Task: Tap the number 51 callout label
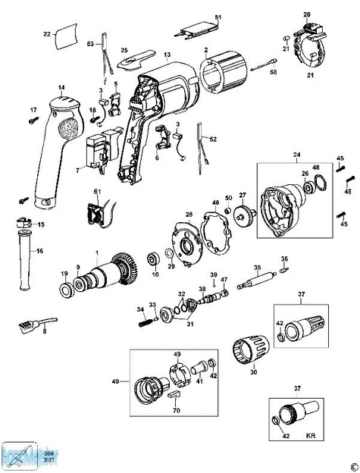pyautogui.click(x=218, y=17)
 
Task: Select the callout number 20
pyautogui.click(x=286, y=14)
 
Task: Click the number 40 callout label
pyautogui.click(x=116, y=382)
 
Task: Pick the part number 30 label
pyautogui.click(x=254, y=371)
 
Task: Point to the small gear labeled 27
pyautogui.click(x=243, y=215)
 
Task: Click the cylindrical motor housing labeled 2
pyautogui.click(x=224, y=75)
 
